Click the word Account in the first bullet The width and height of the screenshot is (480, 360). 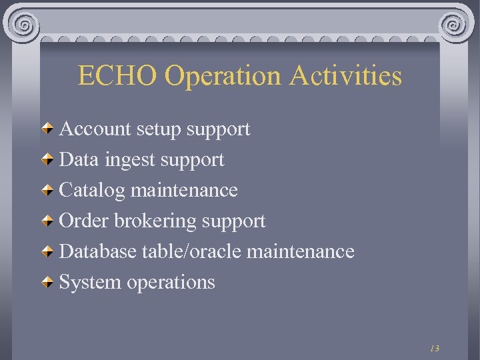[x=95, y=129]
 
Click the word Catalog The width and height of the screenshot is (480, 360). [x=92, y=191]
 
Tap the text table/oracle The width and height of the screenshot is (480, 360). [x=191, y=251]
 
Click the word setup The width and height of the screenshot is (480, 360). [x=159, y=129]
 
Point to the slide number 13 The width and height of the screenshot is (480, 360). [x=435, y=348]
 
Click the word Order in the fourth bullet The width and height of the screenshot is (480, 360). [x=84, y=221]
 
